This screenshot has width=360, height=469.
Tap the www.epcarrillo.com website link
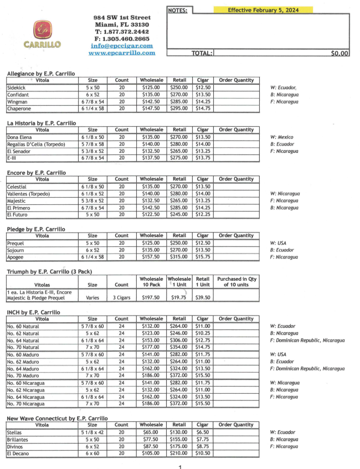click(121, 53)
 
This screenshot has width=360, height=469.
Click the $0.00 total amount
click(339, 53)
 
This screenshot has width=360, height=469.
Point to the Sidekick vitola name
click(16, 87)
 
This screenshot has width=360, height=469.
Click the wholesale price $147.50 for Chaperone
click(151, 109)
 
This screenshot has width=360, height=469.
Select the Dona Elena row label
click(20, 137)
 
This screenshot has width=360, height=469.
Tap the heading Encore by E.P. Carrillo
click(40, 172)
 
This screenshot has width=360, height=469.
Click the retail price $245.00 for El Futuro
click(179, 215)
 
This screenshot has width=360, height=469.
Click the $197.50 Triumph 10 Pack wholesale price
click(151, 297)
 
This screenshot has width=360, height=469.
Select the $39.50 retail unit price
click(203, 297)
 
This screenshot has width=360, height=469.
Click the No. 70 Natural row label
click(24, 347)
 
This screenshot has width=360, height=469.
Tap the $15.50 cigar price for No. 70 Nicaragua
click(203, 404)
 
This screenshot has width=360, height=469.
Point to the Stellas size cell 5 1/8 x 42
click(92, 432)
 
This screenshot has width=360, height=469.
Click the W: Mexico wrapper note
click(282, 137)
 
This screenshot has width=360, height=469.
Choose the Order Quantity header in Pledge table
click(236, 235)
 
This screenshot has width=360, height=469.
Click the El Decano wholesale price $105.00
click(151, 453)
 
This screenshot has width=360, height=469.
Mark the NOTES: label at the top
click(178, 10)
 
